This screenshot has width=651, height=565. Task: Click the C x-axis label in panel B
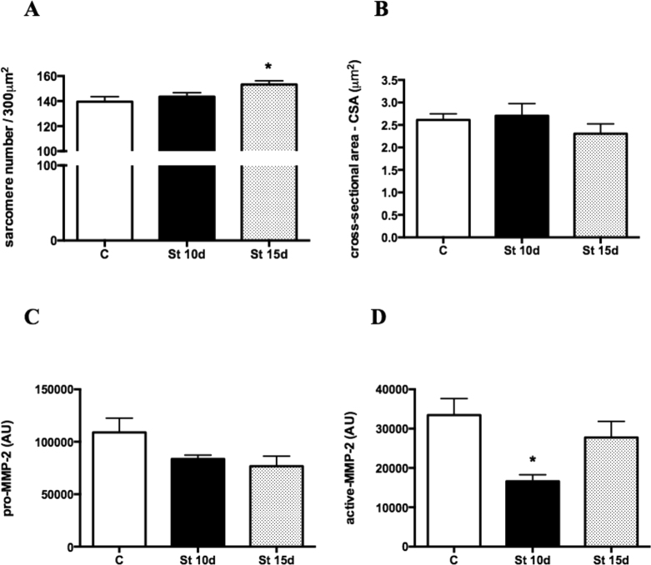tap(442, 250)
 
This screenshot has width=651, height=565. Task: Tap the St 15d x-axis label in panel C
tap(268, 561)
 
